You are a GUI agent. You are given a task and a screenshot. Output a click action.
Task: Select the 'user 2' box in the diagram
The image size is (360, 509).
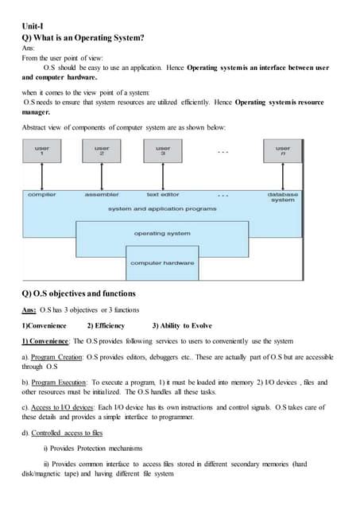click(x=102, y=150)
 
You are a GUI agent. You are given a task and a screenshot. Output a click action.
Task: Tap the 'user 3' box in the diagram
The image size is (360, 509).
click(x=162, y=150)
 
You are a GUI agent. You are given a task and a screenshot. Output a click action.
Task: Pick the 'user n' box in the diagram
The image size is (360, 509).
click(x=282, y=150)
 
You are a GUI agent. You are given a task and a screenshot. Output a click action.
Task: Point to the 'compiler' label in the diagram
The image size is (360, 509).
click(x=41, y=194)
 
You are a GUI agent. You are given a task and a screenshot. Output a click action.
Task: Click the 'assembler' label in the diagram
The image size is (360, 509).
click(x=102, y=194)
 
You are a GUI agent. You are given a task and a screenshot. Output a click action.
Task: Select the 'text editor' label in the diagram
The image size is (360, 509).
click(x=163, y=194)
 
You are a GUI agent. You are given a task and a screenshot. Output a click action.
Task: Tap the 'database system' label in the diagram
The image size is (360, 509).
click(x=282, y=197)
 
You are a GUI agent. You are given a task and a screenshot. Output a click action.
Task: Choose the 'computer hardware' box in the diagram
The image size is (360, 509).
click(x=162, y=262)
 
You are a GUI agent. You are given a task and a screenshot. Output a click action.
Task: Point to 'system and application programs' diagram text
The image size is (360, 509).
click(x=161, y=208)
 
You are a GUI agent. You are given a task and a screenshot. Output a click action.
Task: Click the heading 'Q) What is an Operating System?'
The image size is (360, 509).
click(x=87, y=37)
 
